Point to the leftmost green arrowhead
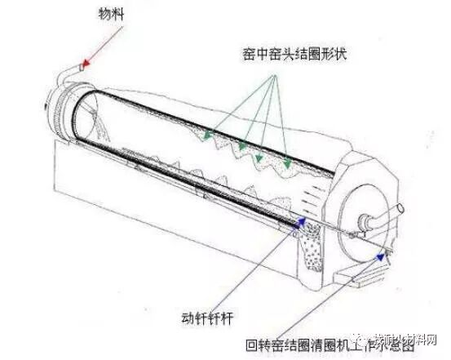tap(207, 133)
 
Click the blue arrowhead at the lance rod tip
tap(303, 220)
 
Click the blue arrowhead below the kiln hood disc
tap(380, 256)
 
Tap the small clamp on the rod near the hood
tap(349, 237)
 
